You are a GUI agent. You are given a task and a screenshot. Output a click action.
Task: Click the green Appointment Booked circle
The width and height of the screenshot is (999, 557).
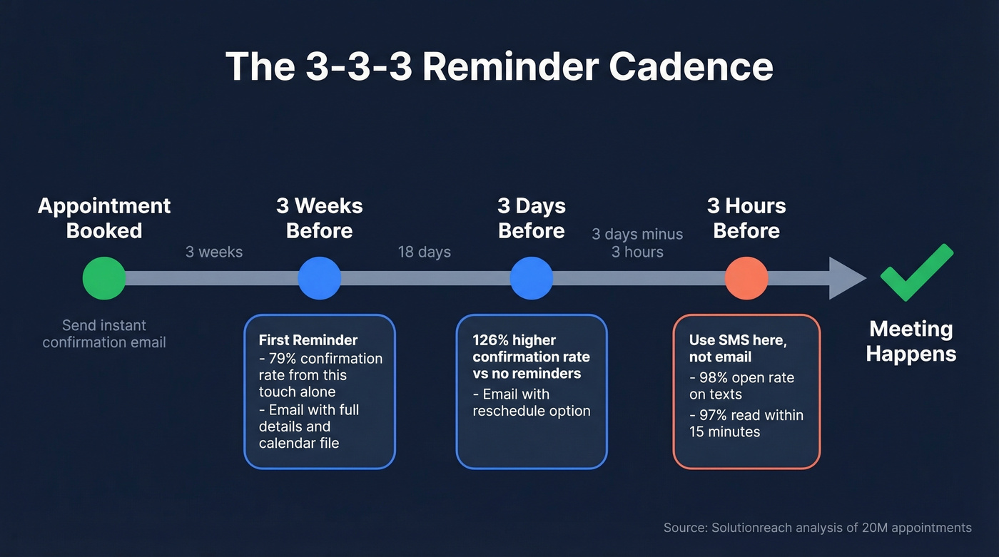click(104, 278)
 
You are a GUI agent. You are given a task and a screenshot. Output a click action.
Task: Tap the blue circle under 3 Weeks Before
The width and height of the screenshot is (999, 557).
click(319, 278)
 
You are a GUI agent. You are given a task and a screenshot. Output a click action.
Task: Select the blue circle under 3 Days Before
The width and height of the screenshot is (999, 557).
click(532, 278)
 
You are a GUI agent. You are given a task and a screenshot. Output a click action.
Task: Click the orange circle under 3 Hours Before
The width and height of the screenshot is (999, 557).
click(746, 278)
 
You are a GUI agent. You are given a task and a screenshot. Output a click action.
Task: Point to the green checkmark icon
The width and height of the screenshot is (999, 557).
click(916, 272)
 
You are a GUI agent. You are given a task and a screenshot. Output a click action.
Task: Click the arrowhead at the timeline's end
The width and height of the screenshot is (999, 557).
click(846, 278)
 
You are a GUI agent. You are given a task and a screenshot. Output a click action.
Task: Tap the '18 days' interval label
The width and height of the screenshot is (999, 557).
click(425, 252)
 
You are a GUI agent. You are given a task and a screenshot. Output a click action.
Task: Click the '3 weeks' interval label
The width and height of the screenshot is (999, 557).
click(214, 252)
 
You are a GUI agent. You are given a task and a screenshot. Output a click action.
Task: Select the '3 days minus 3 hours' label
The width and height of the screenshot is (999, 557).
click(637, 243)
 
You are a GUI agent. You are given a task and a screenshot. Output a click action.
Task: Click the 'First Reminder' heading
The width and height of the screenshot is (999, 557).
click(308, 340)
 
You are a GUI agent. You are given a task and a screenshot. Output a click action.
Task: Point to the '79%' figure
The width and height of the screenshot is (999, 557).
click(283, 358)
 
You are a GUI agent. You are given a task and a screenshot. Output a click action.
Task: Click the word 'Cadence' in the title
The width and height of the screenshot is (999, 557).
click(691, 66)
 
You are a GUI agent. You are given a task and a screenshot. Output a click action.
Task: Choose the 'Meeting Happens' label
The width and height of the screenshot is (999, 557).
click(911, 341)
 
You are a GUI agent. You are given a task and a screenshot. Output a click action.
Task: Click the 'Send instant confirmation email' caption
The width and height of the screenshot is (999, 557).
click(104, 334)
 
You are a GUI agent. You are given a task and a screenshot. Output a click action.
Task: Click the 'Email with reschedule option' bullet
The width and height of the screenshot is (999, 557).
click(532, 402)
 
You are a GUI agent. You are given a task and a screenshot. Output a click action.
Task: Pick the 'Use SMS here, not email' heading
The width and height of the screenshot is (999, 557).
click(738, 348)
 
